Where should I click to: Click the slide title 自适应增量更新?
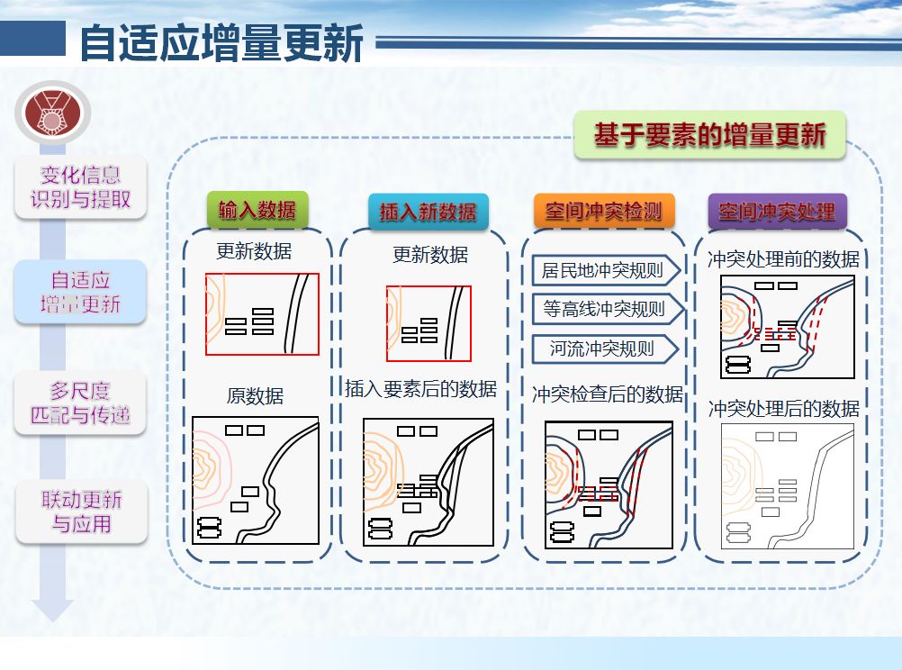(221, 42)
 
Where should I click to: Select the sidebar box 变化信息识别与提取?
(80, 187)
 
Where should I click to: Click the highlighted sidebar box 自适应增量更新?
(80, 292)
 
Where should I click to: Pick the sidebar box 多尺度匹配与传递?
(80, 403)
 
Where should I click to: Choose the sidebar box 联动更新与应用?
(81, 512)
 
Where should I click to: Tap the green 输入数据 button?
(257, 210)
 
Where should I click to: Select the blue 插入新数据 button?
(428, 212)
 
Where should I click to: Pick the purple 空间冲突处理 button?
(777, 212)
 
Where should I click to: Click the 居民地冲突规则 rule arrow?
(604, 270)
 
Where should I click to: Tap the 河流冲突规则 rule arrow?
(604, 348)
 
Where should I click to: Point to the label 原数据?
(255, 396)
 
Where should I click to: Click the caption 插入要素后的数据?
(421, 389)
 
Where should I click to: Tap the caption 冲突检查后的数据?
(608, 394)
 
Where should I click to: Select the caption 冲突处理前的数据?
(783, 259)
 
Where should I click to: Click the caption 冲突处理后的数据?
(783, 409)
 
